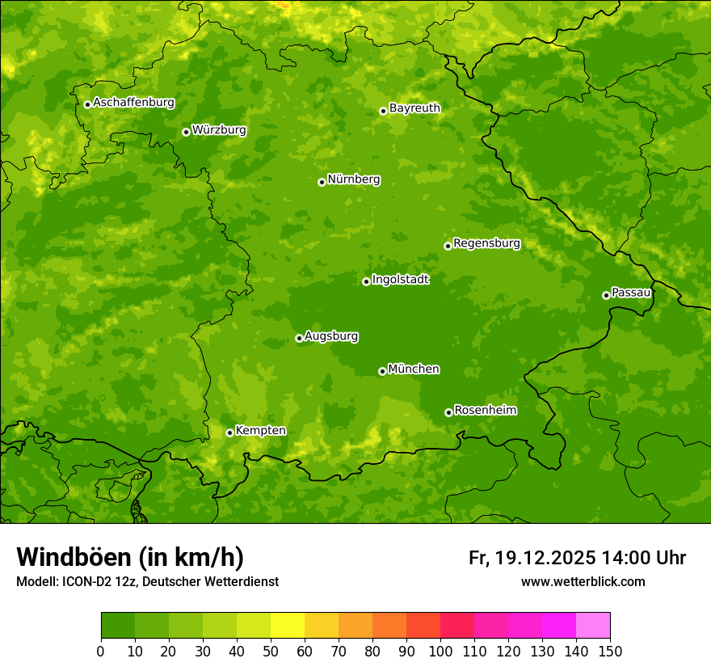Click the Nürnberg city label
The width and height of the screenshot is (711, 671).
353,179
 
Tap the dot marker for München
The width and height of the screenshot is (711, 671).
382,371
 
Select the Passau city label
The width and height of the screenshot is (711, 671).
630,293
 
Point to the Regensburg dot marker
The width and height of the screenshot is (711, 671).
448,246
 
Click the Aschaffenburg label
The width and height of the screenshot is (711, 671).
133,103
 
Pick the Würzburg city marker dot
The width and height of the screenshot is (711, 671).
186,132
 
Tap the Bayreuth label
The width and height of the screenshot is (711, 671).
414,108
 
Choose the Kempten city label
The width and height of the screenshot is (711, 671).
260,431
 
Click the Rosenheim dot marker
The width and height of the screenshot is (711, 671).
448,412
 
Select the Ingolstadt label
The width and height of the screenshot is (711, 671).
400,280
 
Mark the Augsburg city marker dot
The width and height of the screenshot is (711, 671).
299,338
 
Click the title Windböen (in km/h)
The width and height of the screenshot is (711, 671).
129,557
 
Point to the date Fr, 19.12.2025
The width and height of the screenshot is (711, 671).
532,558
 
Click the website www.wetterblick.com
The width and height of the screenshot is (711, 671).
583,581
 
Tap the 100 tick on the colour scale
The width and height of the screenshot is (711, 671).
440,650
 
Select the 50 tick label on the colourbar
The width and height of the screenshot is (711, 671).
271,650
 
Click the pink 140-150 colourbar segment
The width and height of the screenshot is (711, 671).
593,626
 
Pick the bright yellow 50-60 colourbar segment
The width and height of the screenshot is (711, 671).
288,626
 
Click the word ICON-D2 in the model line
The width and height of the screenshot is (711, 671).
83,581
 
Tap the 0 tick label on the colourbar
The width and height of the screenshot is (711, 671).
101,650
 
